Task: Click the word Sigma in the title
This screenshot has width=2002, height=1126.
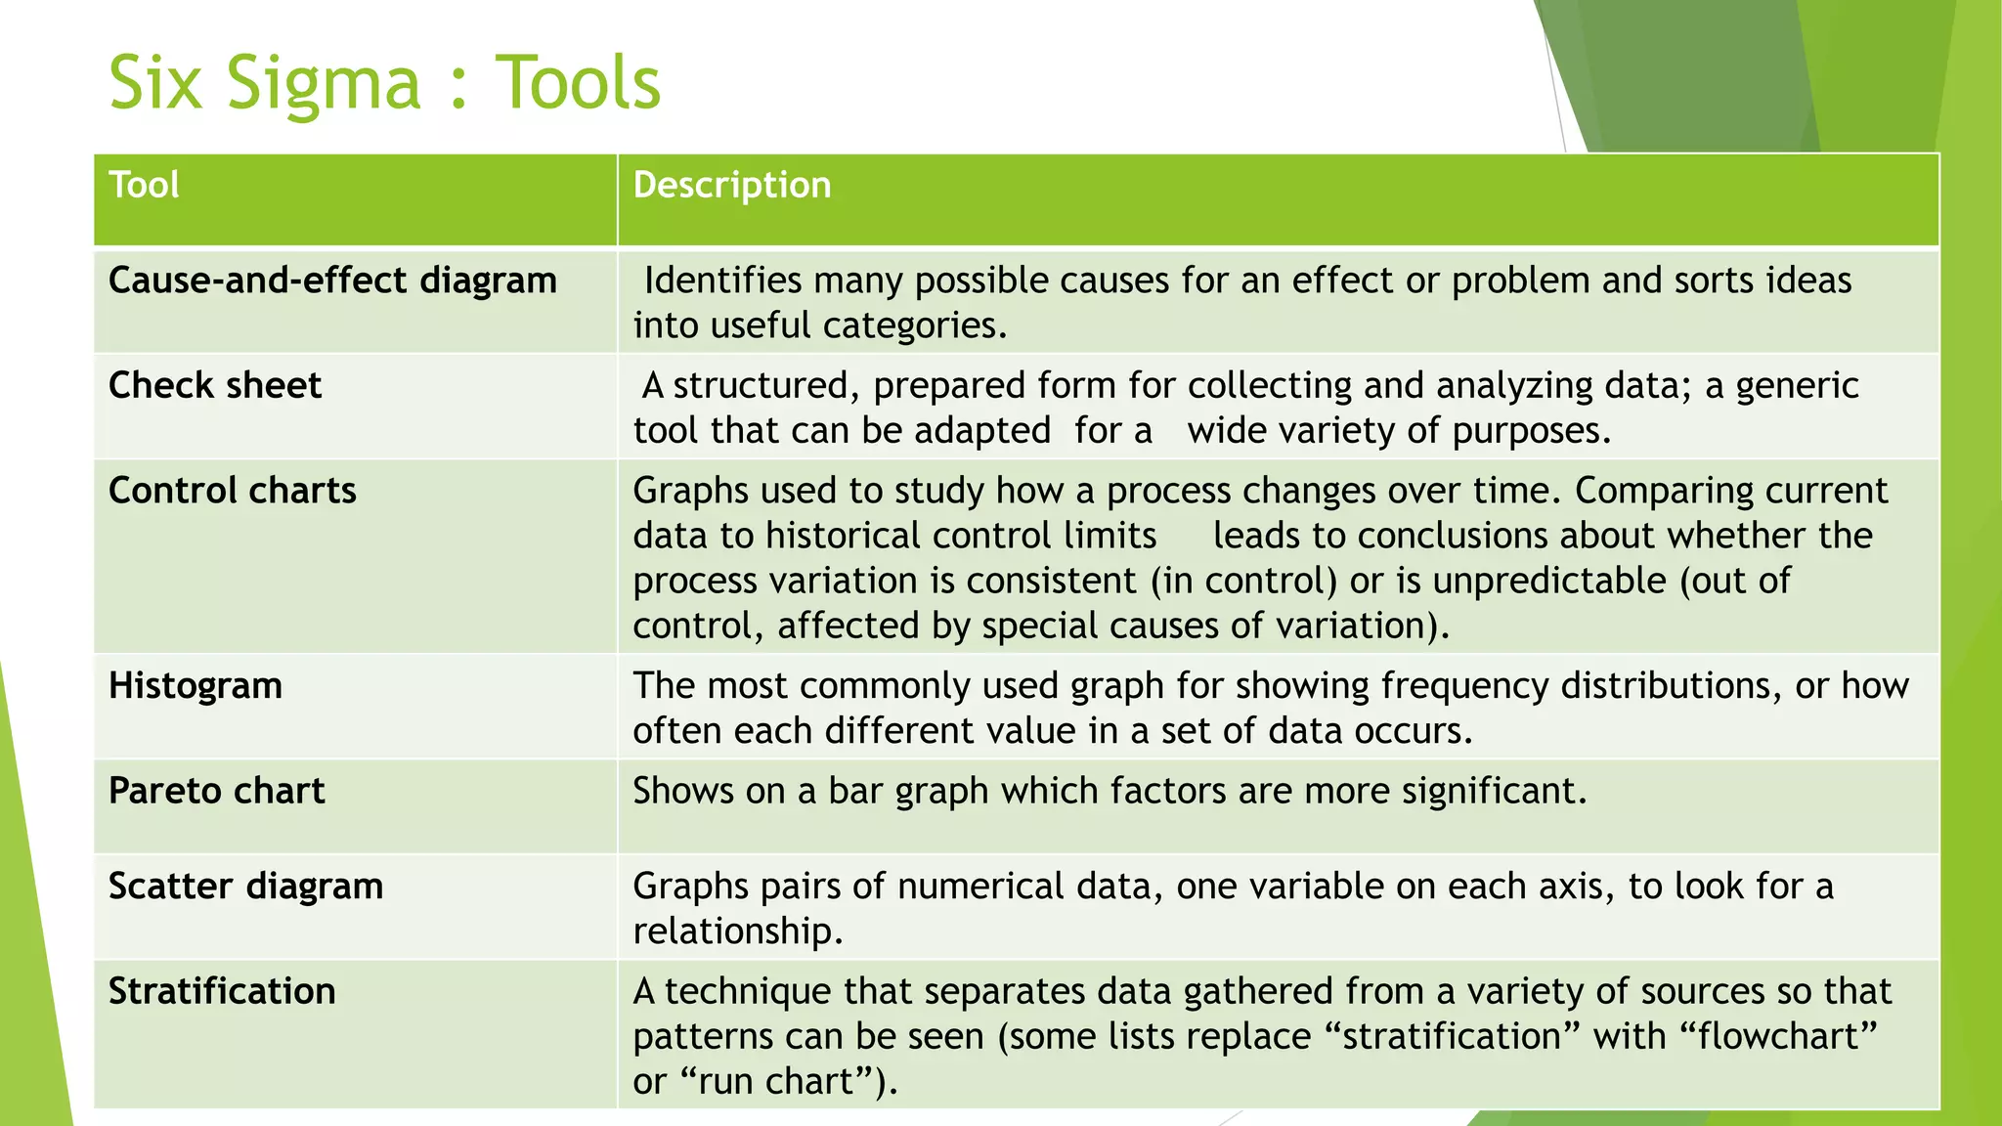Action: click(324, 84)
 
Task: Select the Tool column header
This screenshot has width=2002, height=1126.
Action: click(144, 185)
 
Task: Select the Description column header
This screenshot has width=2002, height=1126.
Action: click(732, 185)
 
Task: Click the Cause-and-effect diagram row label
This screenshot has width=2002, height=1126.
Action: click(332, 281)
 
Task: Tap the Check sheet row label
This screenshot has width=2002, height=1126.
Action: click(215, 385)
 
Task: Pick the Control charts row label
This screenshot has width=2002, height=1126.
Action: click(233, 491)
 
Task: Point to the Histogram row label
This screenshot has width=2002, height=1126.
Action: click(196, 685)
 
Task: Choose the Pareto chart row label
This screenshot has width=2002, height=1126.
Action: click(217, 791)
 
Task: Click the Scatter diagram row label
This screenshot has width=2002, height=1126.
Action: click(246, 887)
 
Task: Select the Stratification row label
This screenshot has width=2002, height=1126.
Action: click(222, 991)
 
